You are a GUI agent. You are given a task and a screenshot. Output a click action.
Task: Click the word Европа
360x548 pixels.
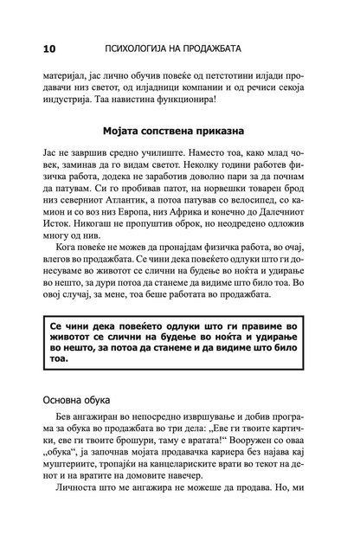coord(141,265)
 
